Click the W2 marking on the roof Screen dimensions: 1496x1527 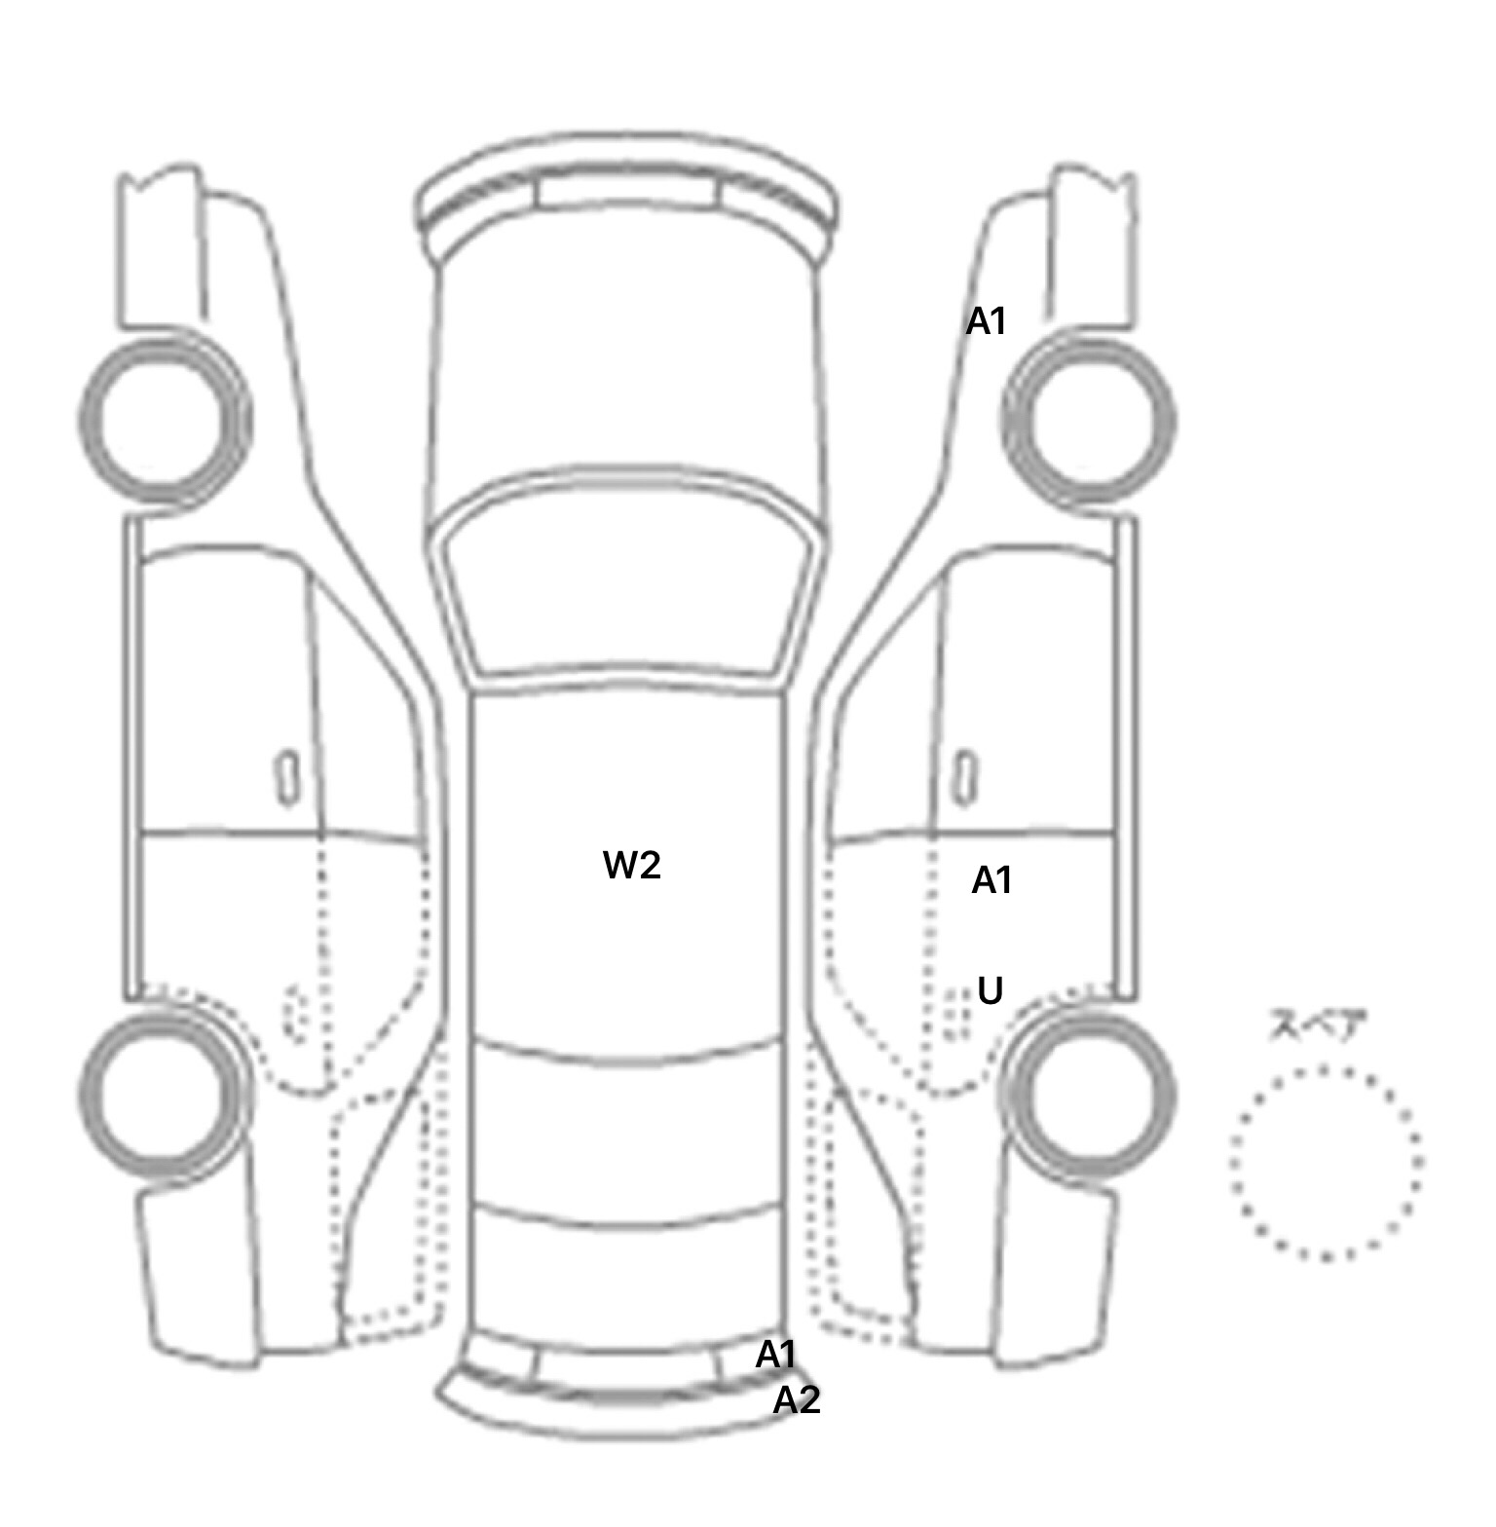coord(632,865)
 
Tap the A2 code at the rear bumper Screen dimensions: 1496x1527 coord(797,1400)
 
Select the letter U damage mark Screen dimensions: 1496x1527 coord(990,991)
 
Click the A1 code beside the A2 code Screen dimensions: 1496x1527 coord(776,1354)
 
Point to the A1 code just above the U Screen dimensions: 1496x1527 coord(992,880)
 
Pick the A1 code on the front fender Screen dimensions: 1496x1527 coord(986,320)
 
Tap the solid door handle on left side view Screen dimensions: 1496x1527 coord(287,778)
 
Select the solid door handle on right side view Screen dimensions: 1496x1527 coord(965,778)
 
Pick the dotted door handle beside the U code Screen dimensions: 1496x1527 coord(957,1013)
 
